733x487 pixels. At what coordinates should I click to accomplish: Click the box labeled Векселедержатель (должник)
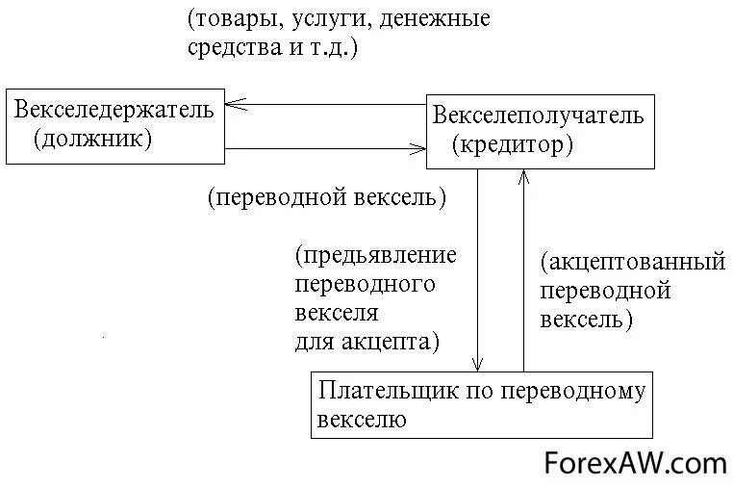coord(114,124)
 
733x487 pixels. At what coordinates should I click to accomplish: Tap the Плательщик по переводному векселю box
coord(482,405)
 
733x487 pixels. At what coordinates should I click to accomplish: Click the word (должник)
coord(92,139)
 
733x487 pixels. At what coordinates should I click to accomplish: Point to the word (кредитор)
coord(513,145)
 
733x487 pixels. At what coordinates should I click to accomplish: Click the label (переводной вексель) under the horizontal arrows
coord(326,198)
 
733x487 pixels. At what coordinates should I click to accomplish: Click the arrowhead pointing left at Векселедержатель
coord(235,104)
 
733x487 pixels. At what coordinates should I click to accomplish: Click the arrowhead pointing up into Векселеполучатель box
coord(523,174)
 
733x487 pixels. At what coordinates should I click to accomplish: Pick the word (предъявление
coord(375,256)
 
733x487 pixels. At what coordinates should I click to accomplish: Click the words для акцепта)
coord(366,341)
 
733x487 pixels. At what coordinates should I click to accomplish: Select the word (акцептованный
coord(631,262)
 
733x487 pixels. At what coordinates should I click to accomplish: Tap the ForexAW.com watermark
coord(636,464)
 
